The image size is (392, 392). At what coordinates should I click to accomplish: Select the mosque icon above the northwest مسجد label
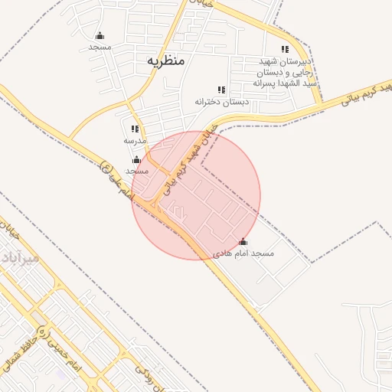coord(100,35)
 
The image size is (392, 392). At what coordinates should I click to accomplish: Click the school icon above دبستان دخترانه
coord(221,90)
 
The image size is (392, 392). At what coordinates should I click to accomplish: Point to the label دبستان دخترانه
coord(220,101)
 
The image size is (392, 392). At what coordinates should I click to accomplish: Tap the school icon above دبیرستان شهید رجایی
coord(285,49)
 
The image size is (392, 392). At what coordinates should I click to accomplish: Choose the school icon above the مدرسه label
coord(135,129)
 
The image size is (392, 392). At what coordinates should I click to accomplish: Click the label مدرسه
coord(135,141)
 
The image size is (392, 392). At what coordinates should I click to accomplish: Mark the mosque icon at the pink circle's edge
coord(136,159)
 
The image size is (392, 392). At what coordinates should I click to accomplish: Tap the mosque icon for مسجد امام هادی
coord(243,242)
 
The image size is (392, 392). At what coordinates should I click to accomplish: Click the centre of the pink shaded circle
coord(196,195)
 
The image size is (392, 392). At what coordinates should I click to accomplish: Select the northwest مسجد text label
coord(100,47)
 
